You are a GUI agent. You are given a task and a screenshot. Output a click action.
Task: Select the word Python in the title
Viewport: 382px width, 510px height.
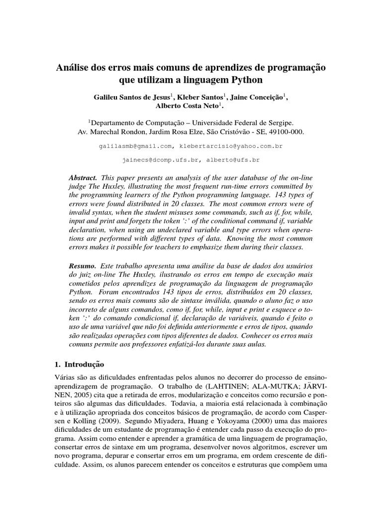point(247,79)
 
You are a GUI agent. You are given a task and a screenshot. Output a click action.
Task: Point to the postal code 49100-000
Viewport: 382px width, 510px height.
point(285,132)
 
